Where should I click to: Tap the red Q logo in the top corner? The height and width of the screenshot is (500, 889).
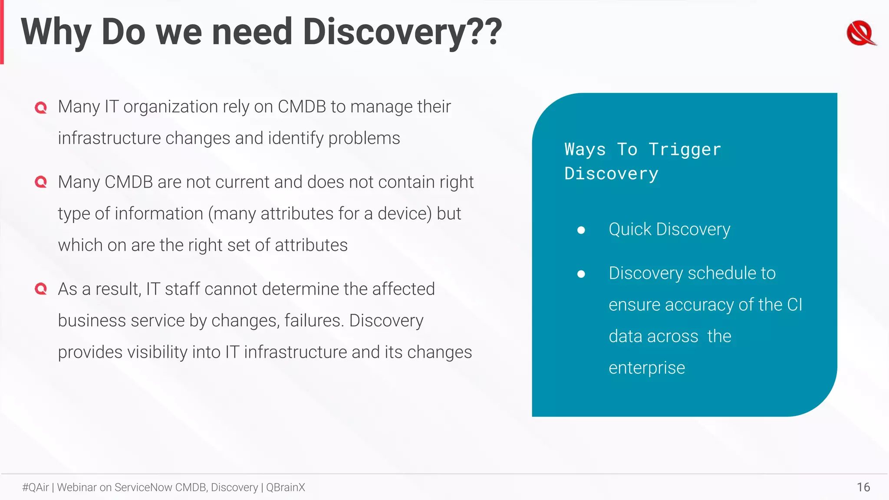(860, 33)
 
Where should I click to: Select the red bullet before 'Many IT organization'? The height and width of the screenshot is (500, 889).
(41, 107)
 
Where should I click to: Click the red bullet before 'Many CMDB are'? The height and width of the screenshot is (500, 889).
(41, 182)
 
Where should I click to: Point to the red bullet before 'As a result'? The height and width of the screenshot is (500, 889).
(41, 289)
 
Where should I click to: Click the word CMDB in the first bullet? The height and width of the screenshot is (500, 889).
(302, 107)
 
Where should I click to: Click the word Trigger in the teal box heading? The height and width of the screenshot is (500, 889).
(685, 150)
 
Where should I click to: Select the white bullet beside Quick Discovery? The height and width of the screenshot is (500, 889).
(581, 230)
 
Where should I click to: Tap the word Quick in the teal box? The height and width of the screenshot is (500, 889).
(630, 229)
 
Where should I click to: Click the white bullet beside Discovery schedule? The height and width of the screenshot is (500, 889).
(581, 274)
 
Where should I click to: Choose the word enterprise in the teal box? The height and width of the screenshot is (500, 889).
(647, 368)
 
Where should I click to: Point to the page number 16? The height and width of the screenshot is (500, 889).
(863, 487)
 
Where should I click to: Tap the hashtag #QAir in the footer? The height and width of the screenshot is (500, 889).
(36, 487)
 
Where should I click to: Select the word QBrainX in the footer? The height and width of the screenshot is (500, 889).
(286, 487)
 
